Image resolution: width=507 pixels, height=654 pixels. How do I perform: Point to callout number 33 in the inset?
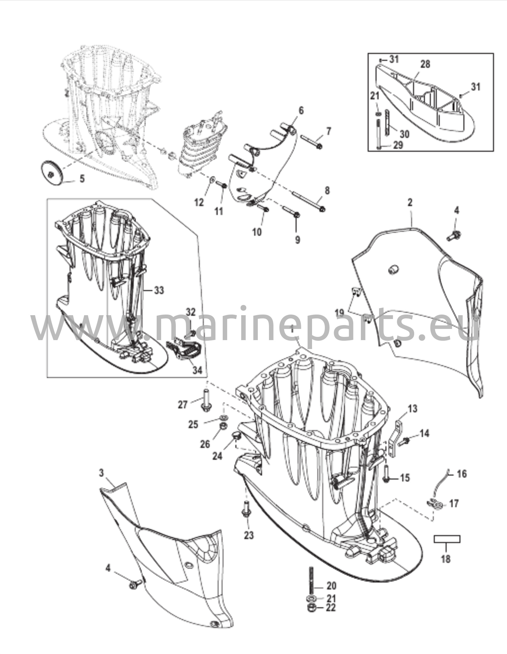159,290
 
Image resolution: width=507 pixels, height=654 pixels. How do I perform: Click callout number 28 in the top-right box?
425,64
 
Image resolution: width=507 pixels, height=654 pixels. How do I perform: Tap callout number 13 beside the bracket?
412,408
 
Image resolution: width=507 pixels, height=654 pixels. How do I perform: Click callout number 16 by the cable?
461,474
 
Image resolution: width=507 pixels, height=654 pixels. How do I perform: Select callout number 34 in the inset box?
198,370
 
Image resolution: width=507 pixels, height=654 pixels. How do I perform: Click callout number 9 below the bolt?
297,240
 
